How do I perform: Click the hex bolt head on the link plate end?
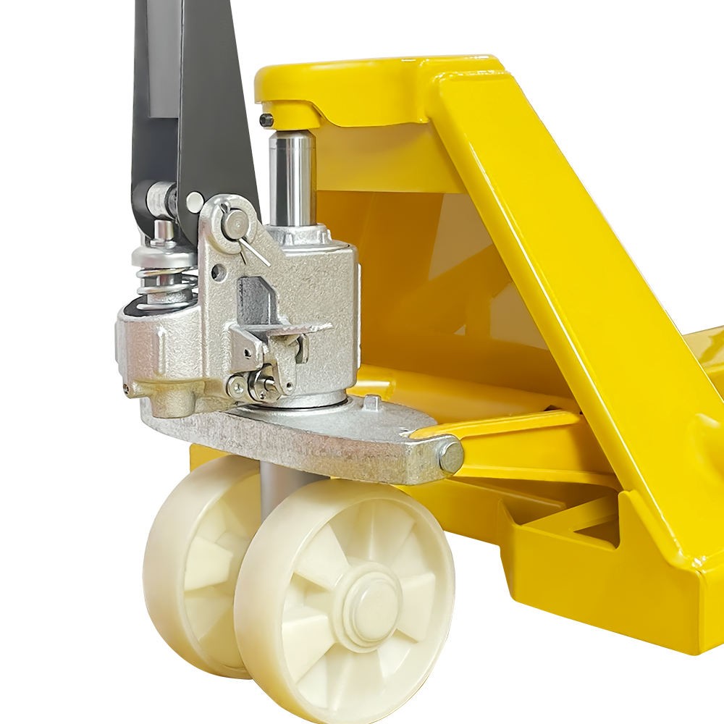click(x=450, y=456)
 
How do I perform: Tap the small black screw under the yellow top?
click(x=266, y=120)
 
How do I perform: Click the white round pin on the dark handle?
click(x=194, y=201)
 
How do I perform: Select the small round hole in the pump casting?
click(x=216, y=274)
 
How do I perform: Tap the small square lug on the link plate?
click(x=370, y=400)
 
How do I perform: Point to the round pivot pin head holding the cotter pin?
click(x=233, y=223)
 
